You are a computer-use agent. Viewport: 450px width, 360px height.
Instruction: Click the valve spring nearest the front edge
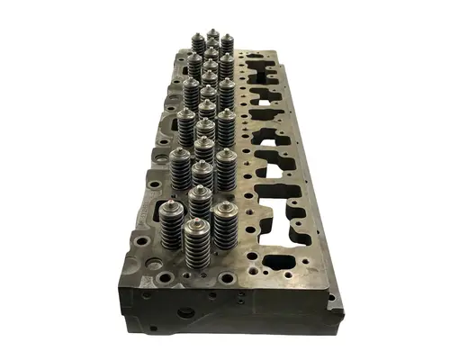click(x=195, y=245)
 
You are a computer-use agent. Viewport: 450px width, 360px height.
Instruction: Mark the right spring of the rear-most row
click(x=227, y=44)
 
